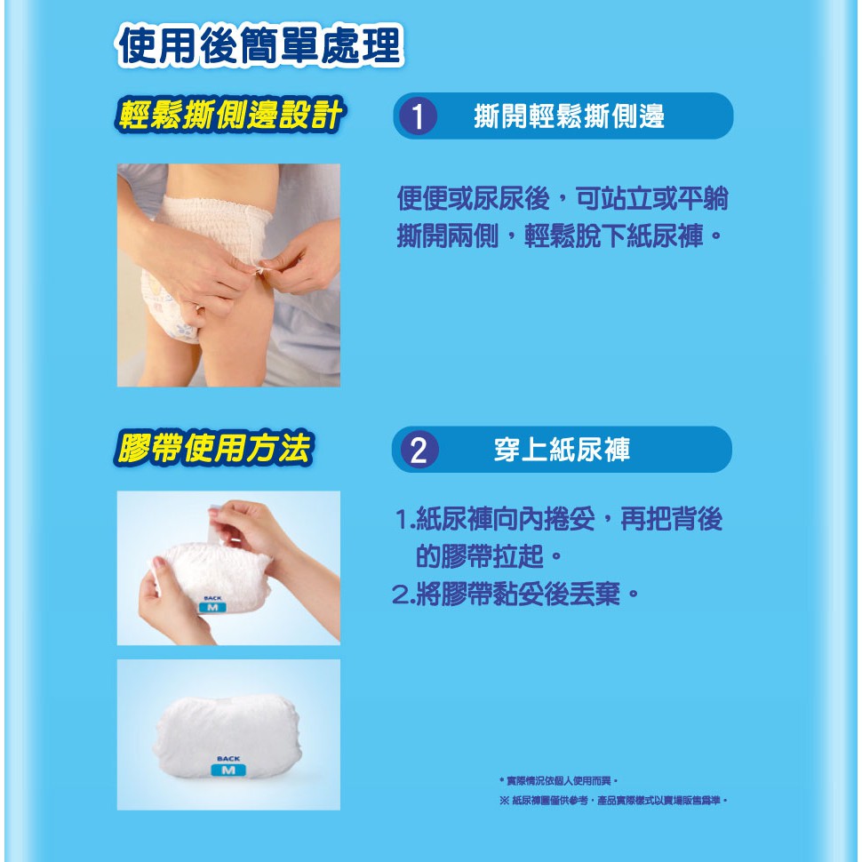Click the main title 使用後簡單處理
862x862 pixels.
pyautogui.click(x=259, y=45)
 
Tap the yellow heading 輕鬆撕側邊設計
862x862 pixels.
pyautogui.click(x=229, y=115)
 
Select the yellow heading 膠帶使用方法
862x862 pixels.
pyautogui.click(x=213, y=448)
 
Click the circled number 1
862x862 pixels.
pyautogui.click(x=418, y=116)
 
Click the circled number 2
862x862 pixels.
pyautogui.click(x=419, y=450)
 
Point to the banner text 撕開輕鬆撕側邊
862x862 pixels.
pyautogui.click(x=569, y=116)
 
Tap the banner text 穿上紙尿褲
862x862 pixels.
pyautogui.click(x=562, y=450)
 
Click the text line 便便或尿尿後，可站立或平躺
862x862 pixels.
pyautogui.click(x=563, y=198)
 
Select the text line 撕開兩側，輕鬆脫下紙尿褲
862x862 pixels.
pyautogui.click(x=559, y=236)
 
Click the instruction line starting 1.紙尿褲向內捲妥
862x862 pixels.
pyautogui.click(x=559, y=518)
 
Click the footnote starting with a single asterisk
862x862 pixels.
pyautogui.click(x=559, y=780)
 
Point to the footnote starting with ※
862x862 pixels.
pyautogui.click(x=613, y=801)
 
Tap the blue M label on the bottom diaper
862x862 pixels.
pyautogui.click(x=228, y=770)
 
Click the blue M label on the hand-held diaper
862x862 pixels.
pyautogui.click(x=212, y=608)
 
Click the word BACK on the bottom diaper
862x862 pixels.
pyautogui.click(x=228, y=759)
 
